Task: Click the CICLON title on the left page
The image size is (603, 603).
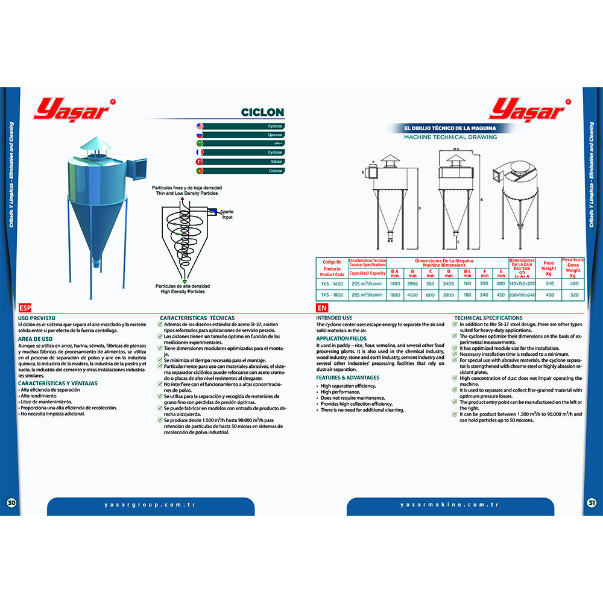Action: point(262,112)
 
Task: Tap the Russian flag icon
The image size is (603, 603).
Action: point(200,135)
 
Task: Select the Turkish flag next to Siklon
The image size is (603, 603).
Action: point(200,162)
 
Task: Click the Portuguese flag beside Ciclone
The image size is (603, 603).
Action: point(200,171)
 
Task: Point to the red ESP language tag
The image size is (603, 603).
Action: point(25,307)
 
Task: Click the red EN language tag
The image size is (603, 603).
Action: point(322,307)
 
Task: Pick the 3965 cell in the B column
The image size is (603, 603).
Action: point(412,283)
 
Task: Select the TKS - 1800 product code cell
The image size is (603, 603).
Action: point(332,295)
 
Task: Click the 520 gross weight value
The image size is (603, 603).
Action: point(574,295)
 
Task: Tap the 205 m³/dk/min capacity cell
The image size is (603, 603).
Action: point(367,283)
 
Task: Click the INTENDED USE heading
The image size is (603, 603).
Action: point(334,318)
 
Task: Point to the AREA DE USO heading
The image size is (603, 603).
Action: point(35,339)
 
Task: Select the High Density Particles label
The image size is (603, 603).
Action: point(180,292)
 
